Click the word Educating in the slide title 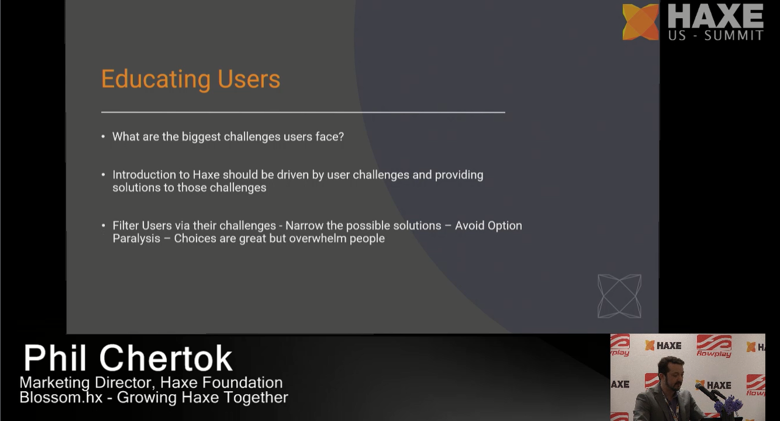tap(156, 80)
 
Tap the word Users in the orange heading tap(248, 79)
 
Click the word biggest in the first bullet tap(201, 137)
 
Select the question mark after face tap(341, 137)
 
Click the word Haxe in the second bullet tap(206, 175)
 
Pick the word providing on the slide tap(459, 175)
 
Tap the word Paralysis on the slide tap(136, 239)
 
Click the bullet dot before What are tap(103, 137)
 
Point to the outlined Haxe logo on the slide tap(619, 296)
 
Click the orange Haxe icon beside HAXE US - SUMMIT tap(640, 21)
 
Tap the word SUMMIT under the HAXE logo tap(734, 35)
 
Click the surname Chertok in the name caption tap(166, 358)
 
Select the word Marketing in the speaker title tap(55, 383)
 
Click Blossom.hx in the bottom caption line tap(61, 397)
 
